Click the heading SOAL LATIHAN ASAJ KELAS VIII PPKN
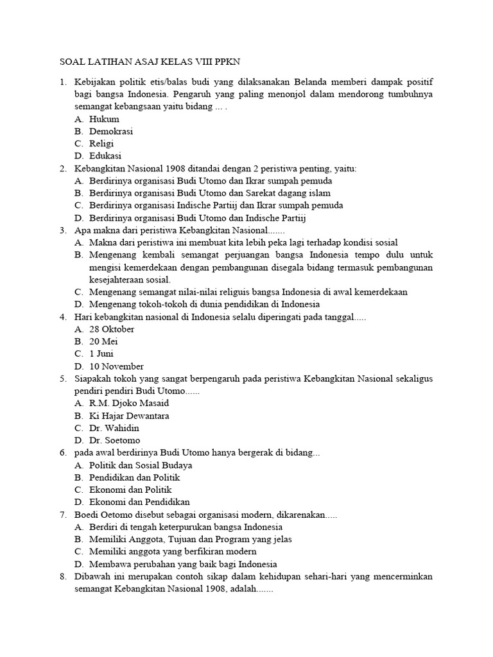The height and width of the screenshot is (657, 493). (x=151, y=61)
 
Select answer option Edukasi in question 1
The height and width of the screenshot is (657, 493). (x=105, y=155)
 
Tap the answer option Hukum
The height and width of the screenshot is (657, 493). (x=104, y=119)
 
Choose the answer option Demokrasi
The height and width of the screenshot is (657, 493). (x=111, y=131)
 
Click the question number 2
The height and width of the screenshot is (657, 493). (x=62, y=168)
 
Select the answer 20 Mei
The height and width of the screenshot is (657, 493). (x=104, y=341)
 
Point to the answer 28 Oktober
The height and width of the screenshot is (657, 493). (x=112, y=329)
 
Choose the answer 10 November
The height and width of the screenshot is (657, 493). (x=116, y=366)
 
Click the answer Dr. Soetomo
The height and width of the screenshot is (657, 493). (x=114, y=440)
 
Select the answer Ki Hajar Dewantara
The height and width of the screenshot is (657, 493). (x=129, y=416)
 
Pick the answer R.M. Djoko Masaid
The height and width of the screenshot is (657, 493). (x=129, y=404)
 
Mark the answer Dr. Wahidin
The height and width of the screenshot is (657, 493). (x=114, y=428)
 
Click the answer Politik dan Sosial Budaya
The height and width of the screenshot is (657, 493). (x=141, y=465)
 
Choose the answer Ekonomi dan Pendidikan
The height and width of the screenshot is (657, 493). (x=139, y=502)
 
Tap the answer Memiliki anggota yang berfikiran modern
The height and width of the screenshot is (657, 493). (x=173, y=551)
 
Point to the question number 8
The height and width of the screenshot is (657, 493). (x=62, y=576)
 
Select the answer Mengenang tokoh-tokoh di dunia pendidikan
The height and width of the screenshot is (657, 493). (x=204, y=304)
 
